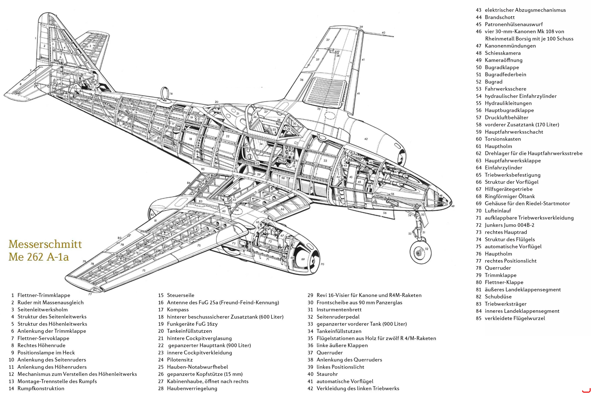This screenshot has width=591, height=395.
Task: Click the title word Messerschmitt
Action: point(45,244)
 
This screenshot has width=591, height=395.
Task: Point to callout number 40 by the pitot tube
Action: point(383,33)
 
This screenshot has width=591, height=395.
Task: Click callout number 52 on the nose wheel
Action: point(427,249)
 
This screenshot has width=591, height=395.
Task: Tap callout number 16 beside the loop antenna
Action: point(171,94)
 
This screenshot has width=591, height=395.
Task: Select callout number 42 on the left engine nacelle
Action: point(366,139)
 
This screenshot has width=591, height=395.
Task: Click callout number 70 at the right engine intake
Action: point(322,264)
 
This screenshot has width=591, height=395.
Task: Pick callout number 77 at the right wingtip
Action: point(90,294)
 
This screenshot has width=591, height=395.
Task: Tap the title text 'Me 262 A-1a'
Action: point(39,257)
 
